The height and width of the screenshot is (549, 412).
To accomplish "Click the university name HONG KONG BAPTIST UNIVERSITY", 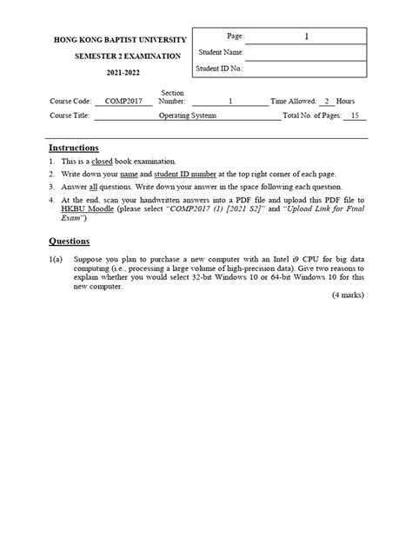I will click(x=120, y=41).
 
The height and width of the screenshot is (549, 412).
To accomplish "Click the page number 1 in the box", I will click(x=305, y=36).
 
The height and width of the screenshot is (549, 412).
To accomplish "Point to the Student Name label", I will click(x=221, y=52).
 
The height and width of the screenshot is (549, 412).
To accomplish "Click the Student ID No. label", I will click(x=221, y=68).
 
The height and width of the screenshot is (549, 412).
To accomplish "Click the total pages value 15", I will click(x=354, y=116).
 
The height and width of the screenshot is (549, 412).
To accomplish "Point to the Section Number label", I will click(x=173, y=97).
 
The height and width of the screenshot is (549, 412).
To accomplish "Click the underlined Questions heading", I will click(x=69, y=241).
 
